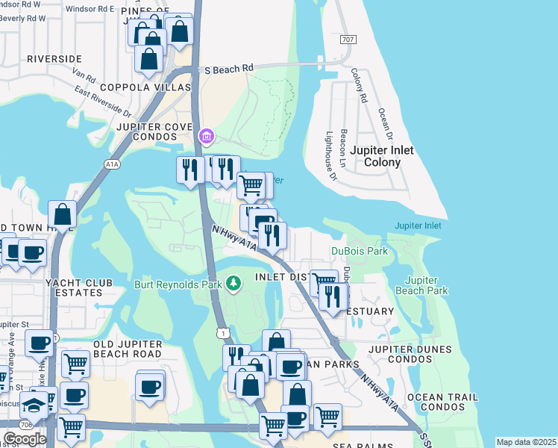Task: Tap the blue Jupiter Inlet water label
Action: (x=418, y=225)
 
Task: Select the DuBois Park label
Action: (x=360, y=252)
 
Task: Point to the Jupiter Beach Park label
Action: (x=421, y=285)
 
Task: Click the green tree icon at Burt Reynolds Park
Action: (x=234, y=283)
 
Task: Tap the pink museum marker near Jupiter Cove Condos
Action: (x=207, y=137)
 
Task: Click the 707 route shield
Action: (x=347, y=39)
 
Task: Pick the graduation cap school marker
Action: (x=34, y=405)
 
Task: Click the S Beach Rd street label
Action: (x=229, y=69)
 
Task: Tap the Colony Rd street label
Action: (x=359, y=85)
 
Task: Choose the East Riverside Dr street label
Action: (x=102, y=100)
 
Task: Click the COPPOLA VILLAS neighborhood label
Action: (x=140, y=87)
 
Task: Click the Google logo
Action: (x=25, y=438)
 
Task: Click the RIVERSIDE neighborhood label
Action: (x=54, y=58)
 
